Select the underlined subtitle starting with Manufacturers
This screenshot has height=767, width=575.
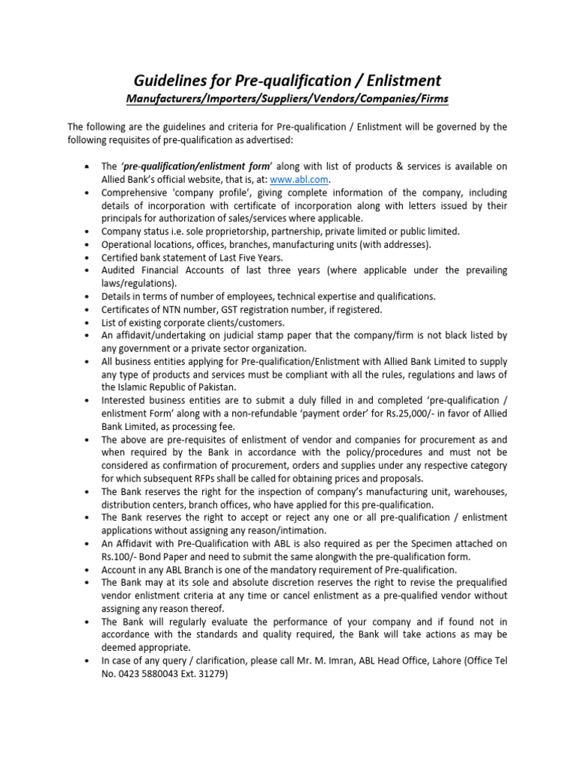coord(287,99)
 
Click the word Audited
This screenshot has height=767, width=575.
coord(122,270)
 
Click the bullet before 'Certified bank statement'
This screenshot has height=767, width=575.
coord(88,258)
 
